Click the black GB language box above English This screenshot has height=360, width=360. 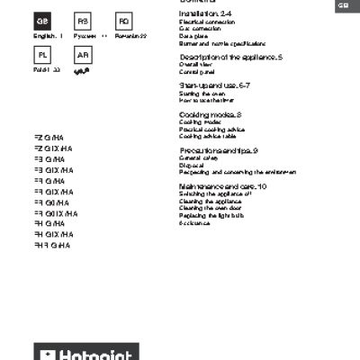click(x=41, y=21)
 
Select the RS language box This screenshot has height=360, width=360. click(x=83, y=21)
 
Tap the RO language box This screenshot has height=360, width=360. click(x=124, y=21)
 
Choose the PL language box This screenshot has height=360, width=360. click(x=41, y=56)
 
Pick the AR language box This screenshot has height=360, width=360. click(x=83, y=56)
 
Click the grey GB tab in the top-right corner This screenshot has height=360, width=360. click(x=344, y=6)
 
